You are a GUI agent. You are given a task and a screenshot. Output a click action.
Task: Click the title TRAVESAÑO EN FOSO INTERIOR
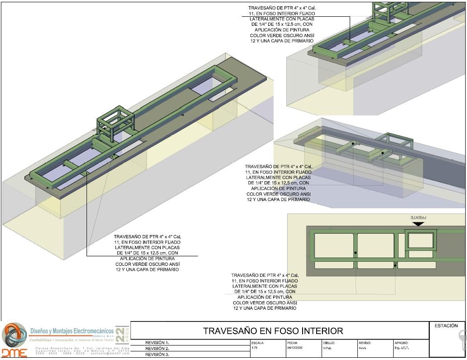(273, 331)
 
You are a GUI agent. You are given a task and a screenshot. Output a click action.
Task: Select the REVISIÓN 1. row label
(157, 343)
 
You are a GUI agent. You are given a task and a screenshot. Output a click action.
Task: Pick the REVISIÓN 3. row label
(157, 355)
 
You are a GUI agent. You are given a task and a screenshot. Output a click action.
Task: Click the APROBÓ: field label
(401, 343)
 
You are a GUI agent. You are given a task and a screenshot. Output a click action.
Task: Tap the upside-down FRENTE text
(419, 217)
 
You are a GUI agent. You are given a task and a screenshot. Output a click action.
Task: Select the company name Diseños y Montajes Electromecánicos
(72, 331)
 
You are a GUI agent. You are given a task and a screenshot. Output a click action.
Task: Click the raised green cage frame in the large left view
(116, 121)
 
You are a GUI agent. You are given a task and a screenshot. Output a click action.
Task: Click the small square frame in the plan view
(421, 240)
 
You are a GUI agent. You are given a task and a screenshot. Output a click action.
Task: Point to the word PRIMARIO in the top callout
(298, 41)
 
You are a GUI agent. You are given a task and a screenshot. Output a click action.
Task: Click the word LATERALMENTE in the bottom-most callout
(265, 286)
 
